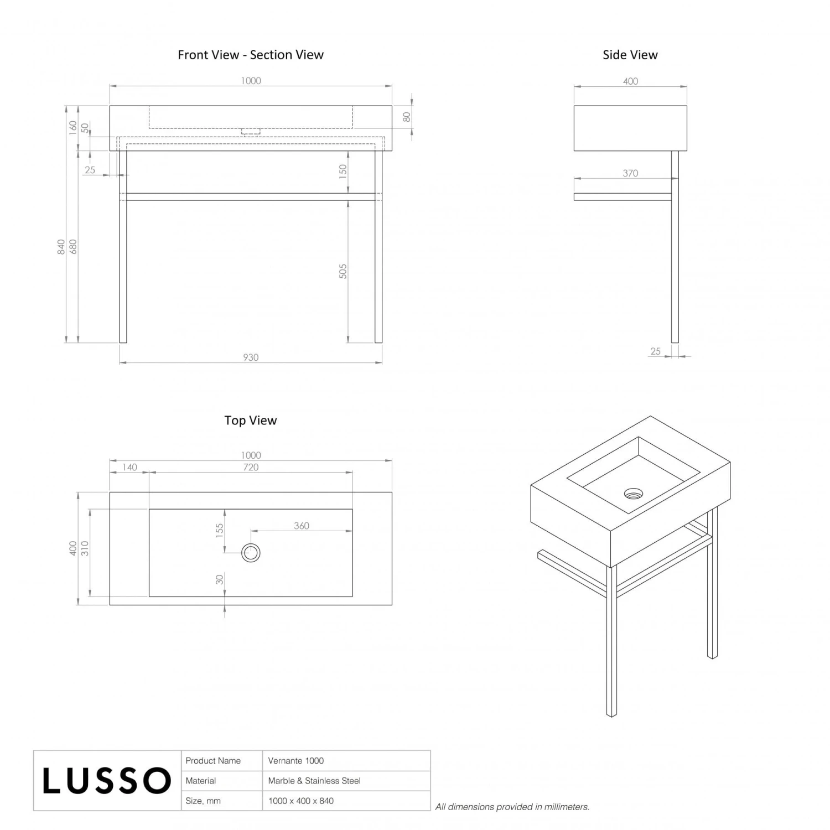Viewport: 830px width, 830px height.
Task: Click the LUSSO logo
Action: coord(107,780)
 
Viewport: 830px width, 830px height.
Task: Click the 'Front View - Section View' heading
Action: coord(251,55)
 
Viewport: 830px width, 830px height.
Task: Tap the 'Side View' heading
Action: coord(630,55)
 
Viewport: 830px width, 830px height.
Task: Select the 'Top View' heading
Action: coord(251,421)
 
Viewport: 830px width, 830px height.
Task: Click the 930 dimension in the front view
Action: coord(251,357)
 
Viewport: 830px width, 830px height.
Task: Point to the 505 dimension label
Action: coord(343,271)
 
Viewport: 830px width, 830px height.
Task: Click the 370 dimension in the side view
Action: coord(630,173)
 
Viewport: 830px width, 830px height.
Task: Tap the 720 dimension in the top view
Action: coord(251,467)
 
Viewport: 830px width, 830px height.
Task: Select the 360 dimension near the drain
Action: coord(302,526)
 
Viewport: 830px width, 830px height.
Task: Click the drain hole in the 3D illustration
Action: coord(634,494)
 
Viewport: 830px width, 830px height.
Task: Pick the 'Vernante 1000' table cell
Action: coord(296,761)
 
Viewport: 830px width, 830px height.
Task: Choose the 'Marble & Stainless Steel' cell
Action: coord(314,781)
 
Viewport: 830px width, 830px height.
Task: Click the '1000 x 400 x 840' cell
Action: coord(301,801)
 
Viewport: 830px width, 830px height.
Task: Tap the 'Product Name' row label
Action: coord(213,761)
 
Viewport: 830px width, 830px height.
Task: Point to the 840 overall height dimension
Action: coord(61,247)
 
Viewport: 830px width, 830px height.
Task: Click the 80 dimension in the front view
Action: coord(407,117)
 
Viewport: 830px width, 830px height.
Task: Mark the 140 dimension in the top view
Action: coord(129,467)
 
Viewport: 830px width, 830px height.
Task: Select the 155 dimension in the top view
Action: coord(220,531)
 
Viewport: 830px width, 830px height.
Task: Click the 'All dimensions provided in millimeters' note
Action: coord(512,807)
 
